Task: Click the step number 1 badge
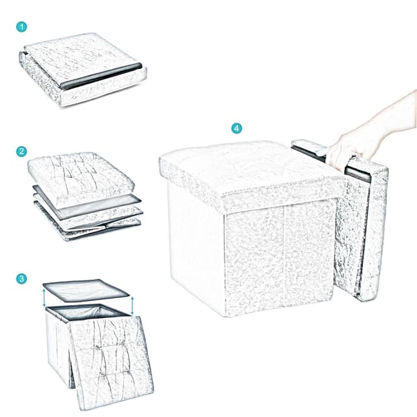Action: tap(22, 27)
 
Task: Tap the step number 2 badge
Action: tap(22, 151)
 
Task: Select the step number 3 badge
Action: tap(22, 278)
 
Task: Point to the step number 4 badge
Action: tap(237, 128)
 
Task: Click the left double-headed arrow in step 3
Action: tap(44, 298)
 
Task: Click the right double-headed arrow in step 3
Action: tap(132, 306)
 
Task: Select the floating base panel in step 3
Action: tap(85, 290)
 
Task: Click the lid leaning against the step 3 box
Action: tap(111, 362)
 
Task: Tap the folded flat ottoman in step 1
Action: tap(83, 70)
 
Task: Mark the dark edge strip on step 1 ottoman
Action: tap(102, 76)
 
